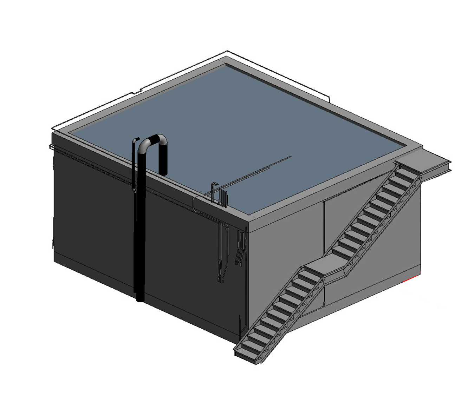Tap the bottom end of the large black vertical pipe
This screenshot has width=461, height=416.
tap(140, 299)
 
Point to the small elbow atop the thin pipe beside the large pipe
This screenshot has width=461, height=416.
tap(136, 139)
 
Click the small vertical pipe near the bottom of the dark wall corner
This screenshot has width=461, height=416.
tap(240, 325)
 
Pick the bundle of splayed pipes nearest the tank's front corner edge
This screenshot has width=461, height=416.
tap(240, 247)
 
